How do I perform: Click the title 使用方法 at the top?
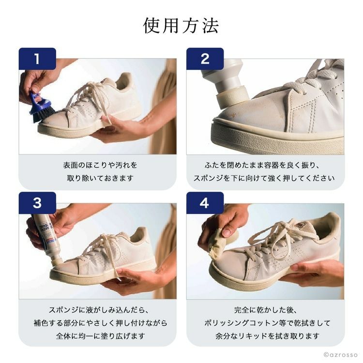point(181,26)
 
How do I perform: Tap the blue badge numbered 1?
point(37,59)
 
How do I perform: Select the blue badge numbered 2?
point(205,59)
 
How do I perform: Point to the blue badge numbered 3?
point(37,203)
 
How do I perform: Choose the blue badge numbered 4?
point(205,203)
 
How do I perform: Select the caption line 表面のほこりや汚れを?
point(100,166)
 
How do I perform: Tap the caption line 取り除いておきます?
point(100,178)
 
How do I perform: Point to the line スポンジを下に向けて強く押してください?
point(264,178)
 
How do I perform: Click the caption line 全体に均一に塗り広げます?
point(100,336)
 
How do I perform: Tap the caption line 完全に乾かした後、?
point(266,310)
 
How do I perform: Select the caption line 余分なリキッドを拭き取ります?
point(267,336)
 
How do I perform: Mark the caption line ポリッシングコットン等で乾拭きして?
point(267,323)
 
